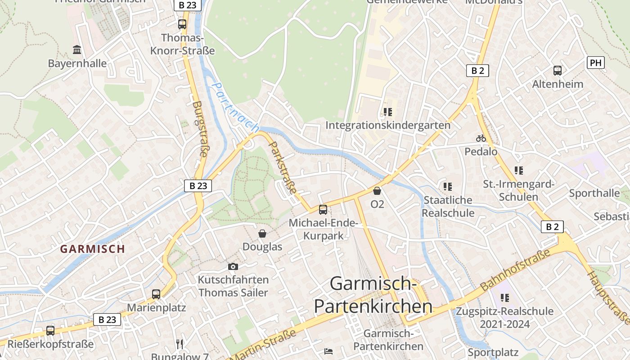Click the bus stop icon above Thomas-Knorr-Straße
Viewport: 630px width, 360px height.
[x=182, y=24]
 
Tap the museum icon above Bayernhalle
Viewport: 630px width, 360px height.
[x=77, y=49]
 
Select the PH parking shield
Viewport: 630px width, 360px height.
[x=595, y=63]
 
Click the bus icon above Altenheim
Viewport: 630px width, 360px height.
[x=558, y=70]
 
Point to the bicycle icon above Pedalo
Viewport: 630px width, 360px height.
[x=481, y=138]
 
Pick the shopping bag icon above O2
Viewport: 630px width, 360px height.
[x=377, y=191]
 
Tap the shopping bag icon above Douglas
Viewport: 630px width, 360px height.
[x=262, y=234]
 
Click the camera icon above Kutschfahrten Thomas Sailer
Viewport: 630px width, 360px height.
[x=233, y=266]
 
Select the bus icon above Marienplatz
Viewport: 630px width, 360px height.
[x=156, y=294]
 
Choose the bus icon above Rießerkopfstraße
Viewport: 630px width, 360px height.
[x=50, y=331]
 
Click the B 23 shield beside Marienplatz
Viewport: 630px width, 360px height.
[x=107, y=319]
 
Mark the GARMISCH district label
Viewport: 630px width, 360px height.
[x=93, y=249]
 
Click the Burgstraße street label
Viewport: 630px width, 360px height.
[x=200, y=129]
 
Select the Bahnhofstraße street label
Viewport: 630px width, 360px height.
[x=515, y=270]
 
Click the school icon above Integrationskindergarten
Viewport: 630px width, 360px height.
[x=387, y=112]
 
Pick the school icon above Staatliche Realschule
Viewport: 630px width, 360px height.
[x=447, y=186]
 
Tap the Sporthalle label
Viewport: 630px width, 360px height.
[x=594, y=193]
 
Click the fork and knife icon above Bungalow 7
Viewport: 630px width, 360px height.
[x=180, y=344]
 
